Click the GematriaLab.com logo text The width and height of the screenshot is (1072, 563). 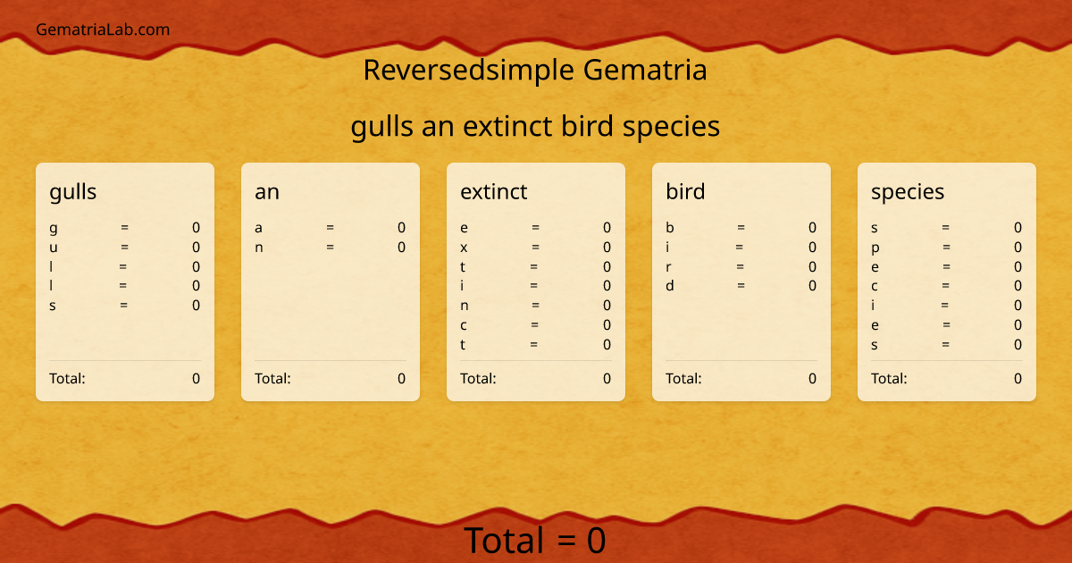pyautogui.click(x=103, y=29)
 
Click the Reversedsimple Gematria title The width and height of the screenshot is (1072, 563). pyautogui.click(x=535, y=70)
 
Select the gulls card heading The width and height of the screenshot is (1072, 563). pyautogui.click(x=73, y=191)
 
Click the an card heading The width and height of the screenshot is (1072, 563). pyautogui.click(x=267, y=191)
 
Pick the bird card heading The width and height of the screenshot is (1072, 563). pyautogui.click(x=685, y=191)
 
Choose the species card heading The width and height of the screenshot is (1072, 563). pyautogui.click(x=908, y=191)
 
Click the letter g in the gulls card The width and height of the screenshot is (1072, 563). pyautogui.click(x=54, y=228)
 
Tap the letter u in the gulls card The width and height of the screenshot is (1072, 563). pyautogui.click(x=54, y=248)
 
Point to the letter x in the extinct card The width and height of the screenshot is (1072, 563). pyautogui.click(x=464, y=248)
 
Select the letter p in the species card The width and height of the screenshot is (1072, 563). pyautogui.click(x=875, y=248)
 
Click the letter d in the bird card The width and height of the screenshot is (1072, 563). pyautogui.click(x=670, y=286)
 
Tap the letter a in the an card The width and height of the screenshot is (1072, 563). pyautogui.click(x=259, y=228)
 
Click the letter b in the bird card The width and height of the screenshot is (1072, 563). pyautogui.click(x=670, y=228)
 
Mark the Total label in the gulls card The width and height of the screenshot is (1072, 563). pyautogui.click(x=67, y=378)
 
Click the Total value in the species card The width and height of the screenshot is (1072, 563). pyautogui.click(x=1018, y=378)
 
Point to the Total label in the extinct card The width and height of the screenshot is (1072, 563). pyautogui.click(x=478, y=378)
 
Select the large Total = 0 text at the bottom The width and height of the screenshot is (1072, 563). pyautogui.click(x=535, y=541)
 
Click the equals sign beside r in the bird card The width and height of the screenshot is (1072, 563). pyautogui.click(x=741, y=266)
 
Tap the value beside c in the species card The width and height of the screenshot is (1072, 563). pyautogui.click(x=1018, y=286)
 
